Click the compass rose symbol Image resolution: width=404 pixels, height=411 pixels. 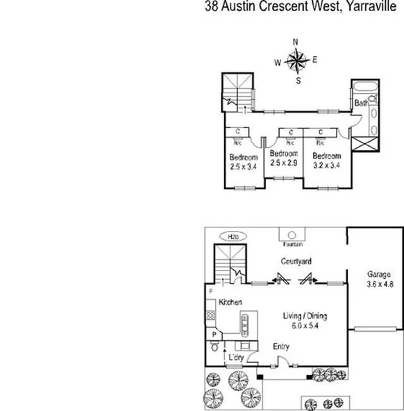pos(296,62)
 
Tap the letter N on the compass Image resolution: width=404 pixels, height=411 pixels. pos(296,42)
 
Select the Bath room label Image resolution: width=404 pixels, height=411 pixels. pos(361,104)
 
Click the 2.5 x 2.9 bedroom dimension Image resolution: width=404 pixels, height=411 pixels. pos(283,163)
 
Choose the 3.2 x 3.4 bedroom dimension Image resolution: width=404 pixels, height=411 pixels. pos(326,166)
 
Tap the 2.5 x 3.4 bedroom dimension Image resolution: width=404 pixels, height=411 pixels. pos(243,166)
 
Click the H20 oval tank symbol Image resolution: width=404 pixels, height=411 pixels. pos(231,236)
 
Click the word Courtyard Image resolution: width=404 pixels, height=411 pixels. pos(296,261)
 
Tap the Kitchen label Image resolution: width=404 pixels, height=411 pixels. pos(230,303)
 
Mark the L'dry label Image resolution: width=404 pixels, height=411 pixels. pos(237,358)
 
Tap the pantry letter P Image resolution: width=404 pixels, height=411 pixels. pos(214,335)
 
